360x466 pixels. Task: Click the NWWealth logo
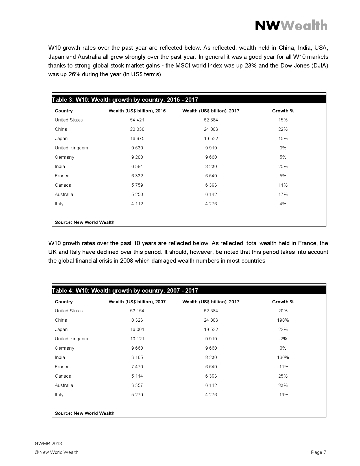[x=291, y=26]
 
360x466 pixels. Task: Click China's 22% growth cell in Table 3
[x=283, y=129]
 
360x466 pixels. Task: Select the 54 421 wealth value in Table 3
[x=137, y=120]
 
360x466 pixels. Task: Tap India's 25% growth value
[x=283, y=167]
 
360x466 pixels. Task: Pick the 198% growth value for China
[x=283, y=320]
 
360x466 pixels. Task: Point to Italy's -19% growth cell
[x=283, y=395]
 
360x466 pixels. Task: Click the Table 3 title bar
[x=189, y=100]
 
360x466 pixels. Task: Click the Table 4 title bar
[x=189, y=291]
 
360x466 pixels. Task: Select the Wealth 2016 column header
[x=137, y=111]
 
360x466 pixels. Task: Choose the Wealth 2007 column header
[x=137, y=302]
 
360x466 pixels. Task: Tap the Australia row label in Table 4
[x=64, y=386]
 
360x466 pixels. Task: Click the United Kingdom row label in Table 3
[x=71, y=148]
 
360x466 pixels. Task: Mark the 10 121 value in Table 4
[x=137, y=339]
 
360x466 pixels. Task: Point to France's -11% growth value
[x=283, y=367]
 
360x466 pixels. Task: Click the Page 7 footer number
[x=318, y=452]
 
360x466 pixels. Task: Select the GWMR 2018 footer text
[x=48, y=443]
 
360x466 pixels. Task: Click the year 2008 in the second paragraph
[x=126, y=261]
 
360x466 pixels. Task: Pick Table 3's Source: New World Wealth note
[x=85, y=223]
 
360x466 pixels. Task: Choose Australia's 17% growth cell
[x=283, y=195]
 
